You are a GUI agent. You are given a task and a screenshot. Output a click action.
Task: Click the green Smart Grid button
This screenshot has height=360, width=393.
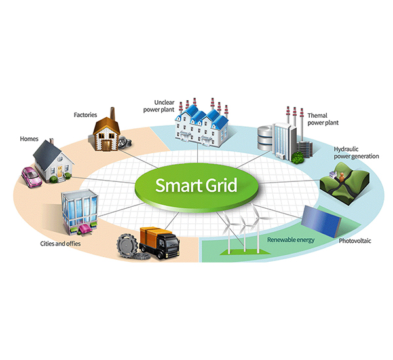[196, 185]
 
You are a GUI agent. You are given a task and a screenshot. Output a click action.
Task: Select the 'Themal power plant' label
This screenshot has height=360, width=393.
[323, 120]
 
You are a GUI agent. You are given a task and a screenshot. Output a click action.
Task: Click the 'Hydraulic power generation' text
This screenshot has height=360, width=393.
[354, 153]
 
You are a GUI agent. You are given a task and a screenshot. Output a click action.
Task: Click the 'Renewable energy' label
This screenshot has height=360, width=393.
[291, 240]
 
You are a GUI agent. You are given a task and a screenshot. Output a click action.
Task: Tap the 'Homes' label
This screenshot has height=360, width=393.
[29, 139]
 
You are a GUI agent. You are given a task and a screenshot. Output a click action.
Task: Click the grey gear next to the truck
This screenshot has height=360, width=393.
[127, 247]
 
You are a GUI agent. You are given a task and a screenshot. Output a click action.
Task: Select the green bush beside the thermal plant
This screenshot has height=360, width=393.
[299, 157]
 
